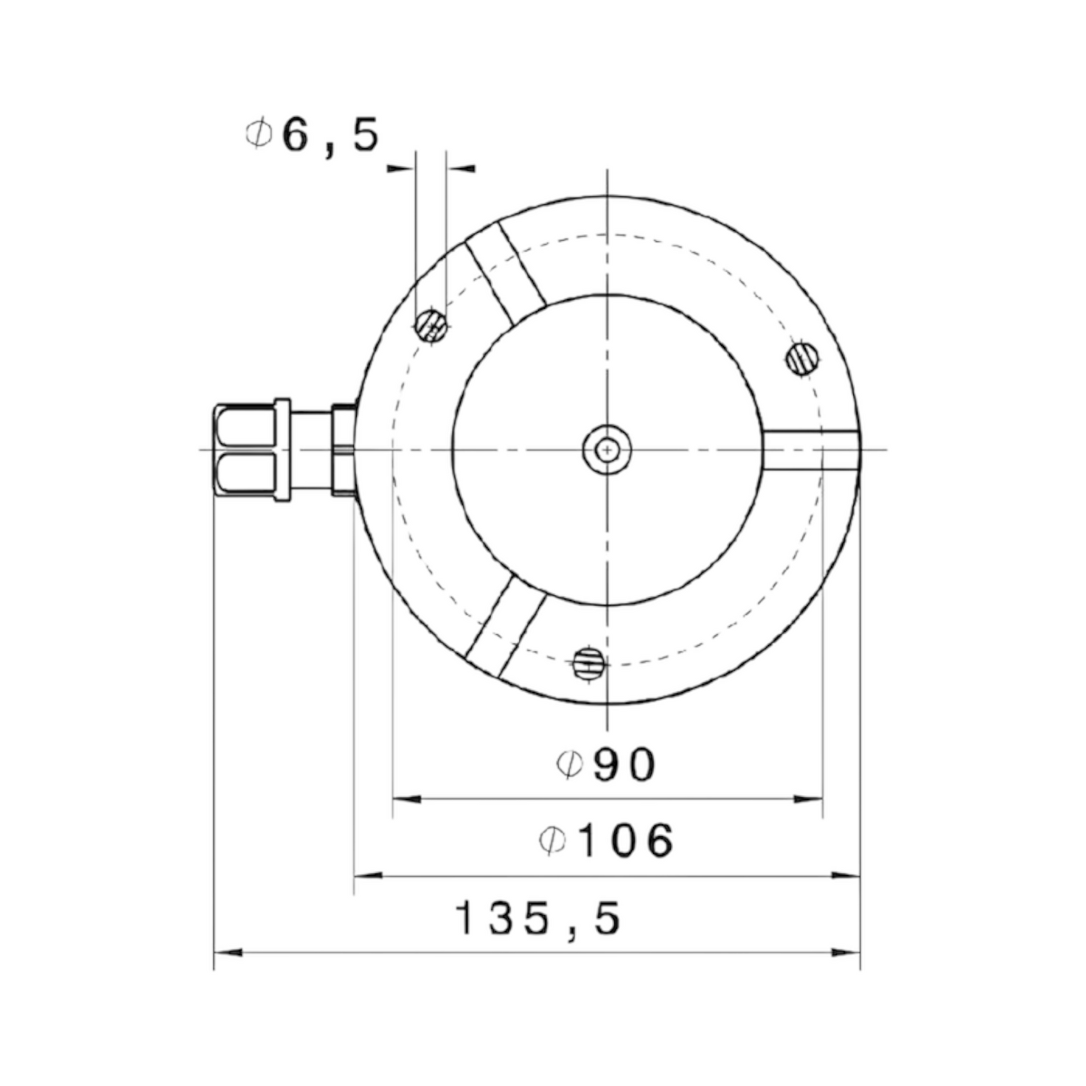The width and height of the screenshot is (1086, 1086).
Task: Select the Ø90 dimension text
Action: point(606,765)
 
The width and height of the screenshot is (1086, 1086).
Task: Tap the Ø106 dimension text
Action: point(607,841)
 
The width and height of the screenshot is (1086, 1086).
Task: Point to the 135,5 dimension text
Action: point(537,919)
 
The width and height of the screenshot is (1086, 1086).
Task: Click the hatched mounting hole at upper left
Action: point(432,325)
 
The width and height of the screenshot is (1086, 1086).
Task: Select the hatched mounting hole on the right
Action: point(803,358)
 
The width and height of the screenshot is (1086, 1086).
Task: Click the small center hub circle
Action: point(607,450)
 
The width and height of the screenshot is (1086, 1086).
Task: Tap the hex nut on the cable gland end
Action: point(245,450)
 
